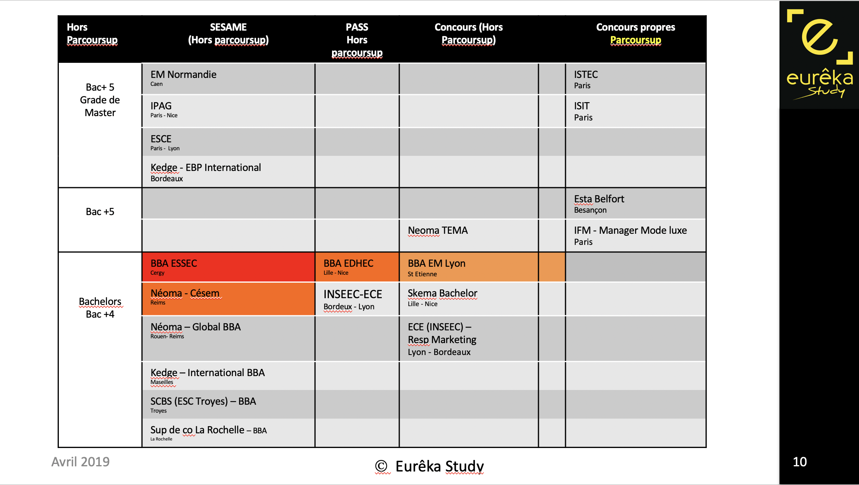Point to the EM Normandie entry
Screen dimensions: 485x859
point(183,75)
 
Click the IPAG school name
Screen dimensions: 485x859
point(161,106)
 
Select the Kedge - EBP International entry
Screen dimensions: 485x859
point(206,168)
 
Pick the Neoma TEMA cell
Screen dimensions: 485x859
point(437,231)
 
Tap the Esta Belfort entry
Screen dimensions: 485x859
point(599,199)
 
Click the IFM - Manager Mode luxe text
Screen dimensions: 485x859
point(630,231)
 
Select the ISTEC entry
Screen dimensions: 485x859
point(586,75)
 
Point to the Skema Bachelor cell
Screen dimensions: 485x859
point(442,293)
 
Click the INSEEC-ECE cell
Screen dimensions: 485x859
point(353,295)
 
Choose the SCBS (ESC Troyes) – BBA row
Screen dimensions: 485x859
point(203,402)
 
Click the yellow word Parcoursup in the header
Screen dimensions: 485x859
point(636,40)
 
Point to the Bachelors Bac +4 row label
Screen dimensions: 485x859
point(100,308)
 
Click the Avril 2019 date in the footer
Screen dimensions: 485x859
point(80,462)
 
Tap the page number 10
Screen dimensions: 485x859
point(800,462)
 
